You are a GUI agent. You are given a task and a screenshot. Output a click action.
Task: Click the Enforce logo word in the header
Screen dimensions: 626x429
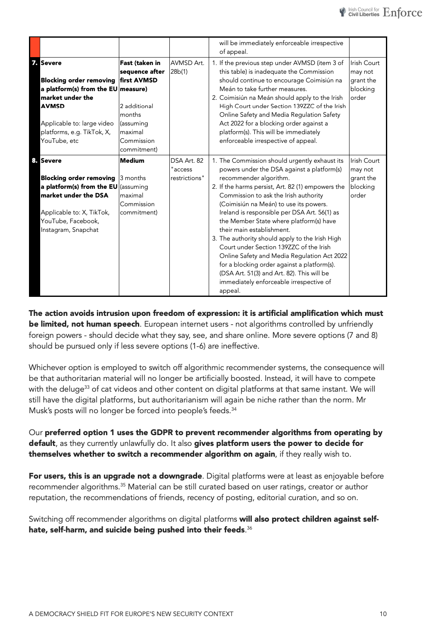pos(402,12)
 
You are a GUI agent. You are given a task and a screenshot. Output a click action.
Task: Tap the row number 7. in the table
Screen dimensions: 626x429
pos(35,63)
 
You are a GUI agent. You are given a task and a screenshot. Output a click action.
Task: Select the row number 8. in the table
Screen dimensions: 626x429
pos(35,161)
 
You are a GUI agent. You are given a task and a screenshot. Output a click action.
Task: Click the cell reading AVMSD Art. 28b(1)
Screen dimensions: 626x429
pos(187,67)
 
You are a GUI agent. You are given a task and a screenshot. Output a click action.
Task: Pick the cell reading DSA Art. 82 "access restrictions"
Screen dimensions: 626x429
pos(187,169)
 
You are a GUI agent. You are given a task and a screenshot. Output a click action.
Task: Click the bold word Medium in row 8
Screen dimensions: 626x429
pos(132,161)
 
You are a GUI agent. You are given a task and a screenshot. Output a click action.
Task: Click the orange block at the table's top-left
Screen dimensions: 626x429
pos(35,47)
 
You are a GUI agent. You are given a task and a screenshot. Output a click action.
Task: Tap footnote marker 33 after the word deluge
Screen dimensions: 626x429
pos(87,387)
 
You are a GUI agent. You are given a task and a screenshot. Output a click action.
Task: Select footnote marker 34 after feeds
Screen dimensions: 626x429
pos(234,409)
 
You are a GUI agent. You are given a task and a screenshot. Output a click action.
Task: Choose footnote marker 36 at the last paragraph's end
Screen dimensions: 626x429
pos(249,528)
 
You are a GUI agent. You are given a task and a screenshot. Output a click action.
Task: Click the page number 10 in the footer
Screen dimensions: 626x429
pos(383,614)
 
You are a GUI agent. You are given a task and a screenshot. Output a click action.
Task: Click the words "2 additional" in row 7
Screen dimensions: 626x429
pos(137,106)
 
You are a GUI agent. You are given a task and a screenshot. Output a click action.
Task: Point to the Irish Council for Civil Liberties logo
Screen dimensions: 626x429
pos(359,12)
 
